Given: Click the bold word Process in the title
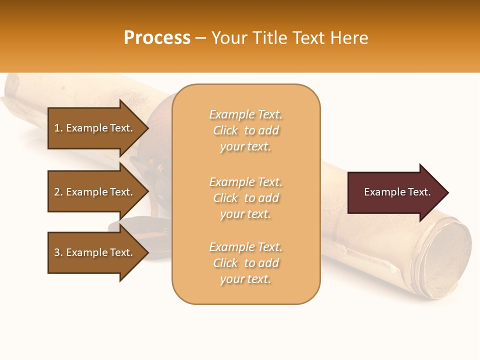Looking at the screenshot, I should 157,38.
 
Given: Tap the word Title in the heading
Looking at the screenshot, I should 269,38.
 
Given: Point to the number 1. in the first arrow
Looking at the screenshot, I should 58,128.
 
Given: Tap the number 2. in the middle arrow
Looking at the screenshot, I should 58,192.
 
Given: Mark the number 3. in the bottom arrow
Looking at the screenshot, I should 58,252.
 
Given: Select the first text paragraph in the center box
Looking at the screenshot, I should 245,130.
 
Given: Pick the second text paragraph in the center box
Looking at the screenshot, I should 245,198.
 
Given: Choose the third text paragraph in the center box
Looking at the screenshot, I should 245,263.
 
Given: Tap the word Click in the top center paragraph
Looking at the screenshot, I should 225,130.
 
